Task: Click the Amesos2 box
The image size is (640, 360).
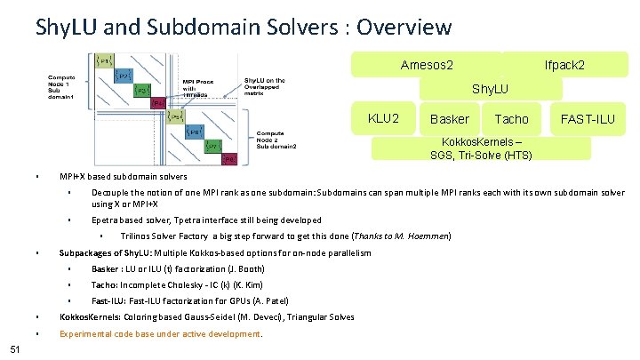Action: (427, 65)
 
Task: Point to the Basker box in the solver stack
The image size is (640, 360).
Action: (449, 118)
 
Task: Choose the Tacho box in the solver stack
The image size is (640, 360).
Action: (511, 118)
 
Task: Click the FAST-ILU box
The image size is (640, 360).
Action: (587, 118)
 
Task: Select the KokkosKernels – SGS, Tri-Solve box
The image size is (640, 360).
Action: (481, 148)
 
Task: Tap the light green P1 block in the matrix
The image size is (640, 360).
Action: (103, 60)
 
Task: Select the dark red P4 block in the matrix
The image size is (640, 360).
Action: (159, 103)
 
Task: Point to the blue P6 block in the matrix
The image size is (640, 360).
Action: (192, 132)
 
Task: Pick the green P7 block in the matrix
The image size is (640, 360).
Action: (212, 146)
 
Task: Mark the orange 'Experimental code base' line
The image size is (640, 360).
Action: (160, 334)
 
